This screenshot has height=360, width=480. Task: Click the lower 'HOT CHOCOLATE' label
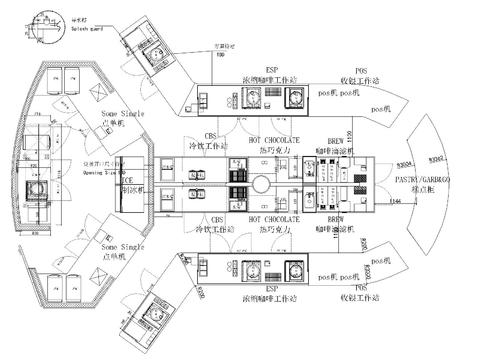[272, 218]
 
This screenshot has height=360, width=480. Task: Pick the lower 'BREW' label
[338, 218]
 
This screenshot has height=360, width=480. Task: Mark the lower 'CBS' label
[213, 218]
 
